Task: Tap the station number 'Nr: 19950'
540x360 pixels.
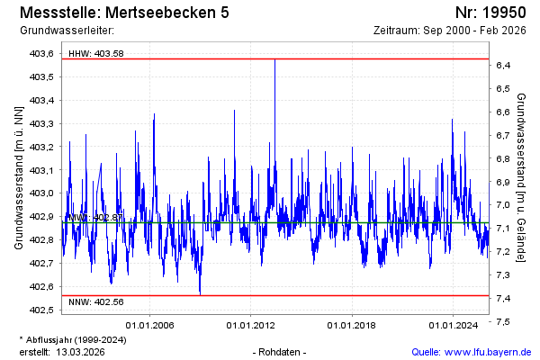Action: click(490, 13)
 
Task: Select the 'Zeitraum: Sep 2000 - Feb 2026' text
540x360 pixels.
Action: click(450, 31)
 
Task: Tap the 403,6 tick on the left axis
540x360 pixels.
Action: click(42, 54)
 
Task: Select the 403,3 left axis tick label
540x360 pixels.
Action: click(42, 123)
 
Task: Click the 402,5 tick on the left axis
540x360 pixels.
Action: click(42, 310)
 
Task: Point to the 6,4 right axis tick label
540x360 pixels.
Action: click(504, 66)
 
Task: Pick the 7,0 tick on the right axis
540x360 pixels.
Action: click(504, 205)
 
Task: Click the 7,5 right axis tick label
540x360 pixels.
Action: click(504, 321)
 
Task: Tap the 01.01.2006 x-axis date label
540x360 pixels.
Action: click(149, 325)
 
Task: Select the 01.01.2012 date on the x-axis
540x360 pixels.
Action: click(251, 325)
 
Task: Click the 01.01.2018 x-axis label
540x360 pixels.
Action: click(353, 325)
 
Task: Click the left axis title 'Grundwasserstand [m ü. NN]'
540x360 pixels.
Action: click(18, 177)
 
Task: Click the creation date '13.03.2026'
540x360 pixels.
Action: click(81, 352)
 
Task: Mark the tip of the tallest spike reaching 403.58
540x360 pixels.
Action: click(274, 59)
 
